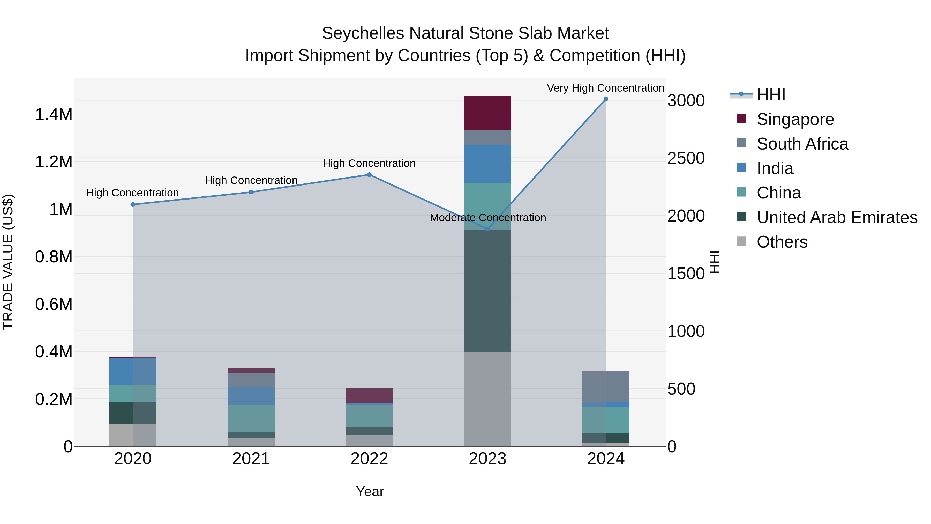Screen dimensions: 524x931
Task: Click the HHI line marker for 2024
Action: coord(606,99)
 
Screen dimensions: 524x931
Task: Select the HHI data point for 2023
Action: coord(487,229)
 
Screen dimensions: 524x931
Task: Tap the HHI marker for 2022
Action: coord(369,175)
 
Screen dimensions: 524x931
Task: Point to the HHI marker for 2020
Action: coord(133,205)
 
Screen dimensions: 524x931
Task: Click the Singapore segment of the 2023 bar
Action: coord(487,113)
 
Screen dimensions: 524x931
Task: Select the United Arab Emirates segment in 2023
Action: coord(487,291)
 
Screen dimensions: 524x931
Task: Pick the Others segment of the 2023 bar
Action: coord(487,399)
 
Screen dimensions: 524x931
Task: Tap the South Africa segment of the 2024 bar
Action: coord(606,386)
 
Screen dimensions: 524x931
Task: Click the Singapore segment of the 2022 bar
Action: coord(369,396)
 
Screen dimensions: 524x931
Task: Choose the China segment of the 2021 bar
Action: coord(251,419)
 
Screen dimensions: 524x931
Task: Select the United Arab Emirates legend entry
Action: coord(837,217)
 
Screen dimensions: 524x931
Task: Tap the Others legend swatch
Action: coord(741,241)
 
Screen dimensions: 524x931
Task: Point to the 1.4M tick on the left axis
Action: coord(54,115)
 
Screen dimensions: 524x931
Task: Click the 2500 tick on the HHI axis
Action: coord(686,158)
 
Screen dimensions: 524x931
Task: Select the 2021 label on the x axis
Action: coord(251,459)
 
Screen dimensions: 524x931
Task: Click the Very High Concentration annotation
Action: coord(605,88)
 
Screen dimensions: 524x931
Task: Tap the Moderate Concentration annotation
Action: coord(487,218)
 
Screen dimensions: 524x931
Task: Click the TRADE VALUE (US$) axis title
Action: coord(8,262)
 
